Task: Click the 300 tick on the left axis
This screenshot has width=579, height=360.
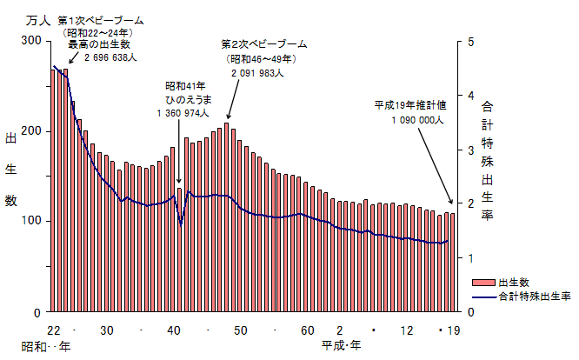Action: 31,41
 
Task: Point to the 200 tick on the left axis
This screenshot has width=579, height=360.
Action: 31,131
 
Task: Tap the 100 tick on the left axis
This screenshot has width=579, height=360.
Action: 31,221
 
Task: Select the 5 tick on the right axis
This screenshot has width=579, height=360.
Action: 470,41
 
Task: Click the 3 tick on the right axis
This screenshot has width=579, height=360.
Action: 470,150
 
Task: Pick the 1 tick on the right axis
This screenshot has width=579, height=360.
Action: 470,257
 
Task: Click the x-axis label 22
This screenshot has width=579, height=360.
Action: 54,330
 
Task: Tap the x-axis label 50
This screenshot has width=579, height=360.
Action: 241,330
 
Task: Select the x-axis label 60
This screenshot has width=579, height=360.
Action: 308,330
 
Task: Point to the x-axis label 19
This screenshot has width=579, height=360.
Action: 454,330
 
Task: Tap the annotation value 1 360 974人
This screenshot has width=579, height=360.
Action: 183,113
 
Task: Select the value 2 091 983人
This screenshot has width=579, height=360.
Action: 259,73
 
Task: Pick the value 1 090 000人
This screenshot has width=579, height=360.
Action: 417,118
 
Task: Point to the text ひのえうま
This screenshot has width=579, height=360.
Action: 184,100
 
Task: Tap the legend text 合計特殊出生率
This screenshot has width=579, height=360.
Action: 535,296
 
